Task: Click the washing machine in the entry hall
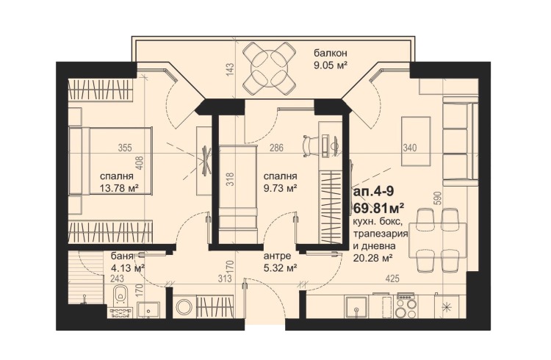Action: [x=184, y=306]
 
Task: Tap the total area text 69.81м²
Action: [x=378, y=208]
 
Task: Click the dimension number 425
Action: [x=392, y=278]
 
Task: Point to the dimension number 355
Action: [x=125, y=148]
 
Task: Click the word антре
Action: [x=277, y=256]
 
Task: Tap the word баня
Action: [x=121, y=256]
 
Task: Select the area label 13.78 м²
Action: [x=119, y=188]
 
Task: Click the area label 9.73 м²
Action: [x=281, y=188]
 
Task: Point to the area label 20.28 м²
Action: [x=373, y=259]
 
